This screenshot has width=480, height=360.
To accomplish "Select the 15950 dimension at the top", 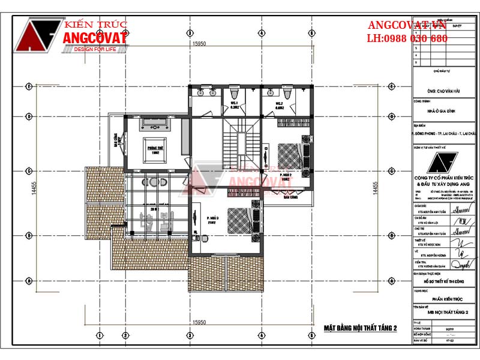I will tap(200, 44).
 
